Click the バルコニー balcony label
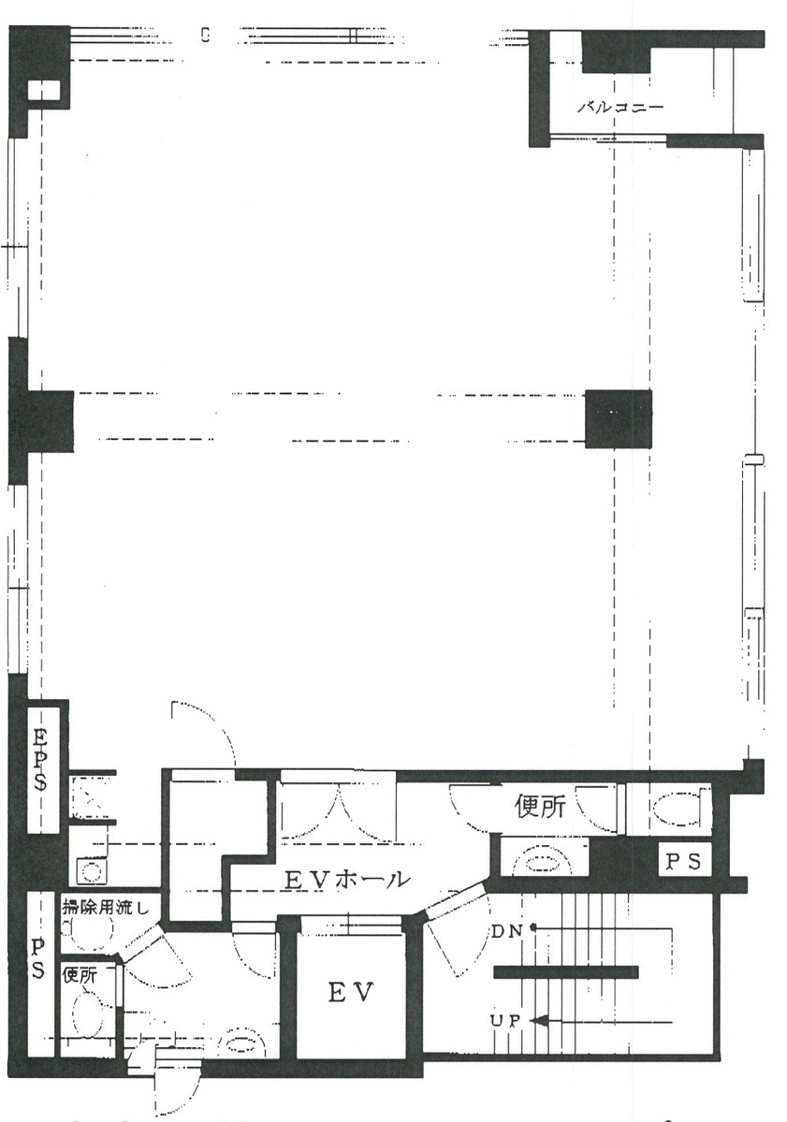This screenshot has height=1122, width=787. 620,108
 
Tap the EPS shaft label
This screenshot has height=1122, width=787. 39,759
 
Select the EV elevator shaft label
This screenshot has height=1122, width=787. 351,993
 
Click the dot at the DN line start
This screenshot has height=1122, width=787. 533,929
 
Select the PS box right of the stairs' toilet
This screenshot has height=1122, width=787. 685,862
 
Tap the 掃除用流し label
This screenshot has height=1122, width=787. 105,908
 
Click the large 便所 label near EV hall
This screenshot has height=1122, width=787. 541,808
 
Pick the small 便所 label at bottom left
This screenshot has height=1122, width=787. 80,974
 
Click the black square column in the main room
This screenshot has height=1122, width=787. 619,418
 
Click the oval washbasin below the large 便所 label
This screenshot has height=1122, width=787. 545,859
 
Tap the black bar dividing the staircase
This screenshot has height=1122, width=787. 565,971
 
